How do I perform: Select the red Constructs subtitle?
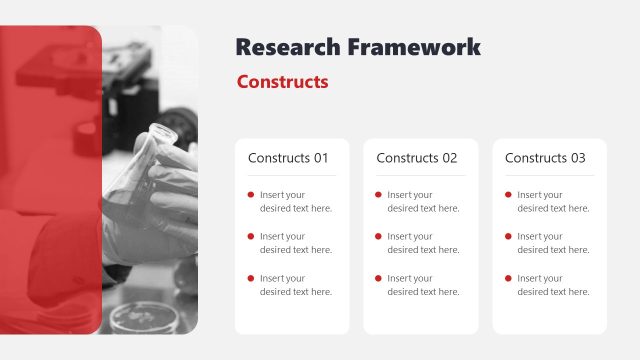tap(282, 82)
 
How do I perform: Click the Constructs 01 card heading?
tap(288, 158)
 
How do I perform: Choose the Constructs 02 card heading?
tap(416, 158)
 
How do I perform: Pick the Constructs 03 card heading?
tap(545, 158)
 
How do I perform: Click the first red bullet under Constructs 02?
tap(378, 194)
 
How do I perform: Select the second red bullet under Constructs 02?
tap(378, 236)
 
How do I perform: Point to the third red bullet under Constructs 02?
tap(378, 277)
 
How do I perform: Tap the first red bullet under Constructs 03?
tap(508, 194)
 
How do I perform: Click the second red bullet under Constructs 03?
tap(508, 236)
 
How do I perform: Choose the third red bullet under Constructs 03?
tap(508, 277)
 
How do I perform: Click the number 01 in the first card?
tap(321, 158)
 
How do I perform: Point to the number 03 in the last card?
tap(578, 158)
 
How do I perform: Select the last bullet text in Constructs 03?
tap(553, 285)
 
